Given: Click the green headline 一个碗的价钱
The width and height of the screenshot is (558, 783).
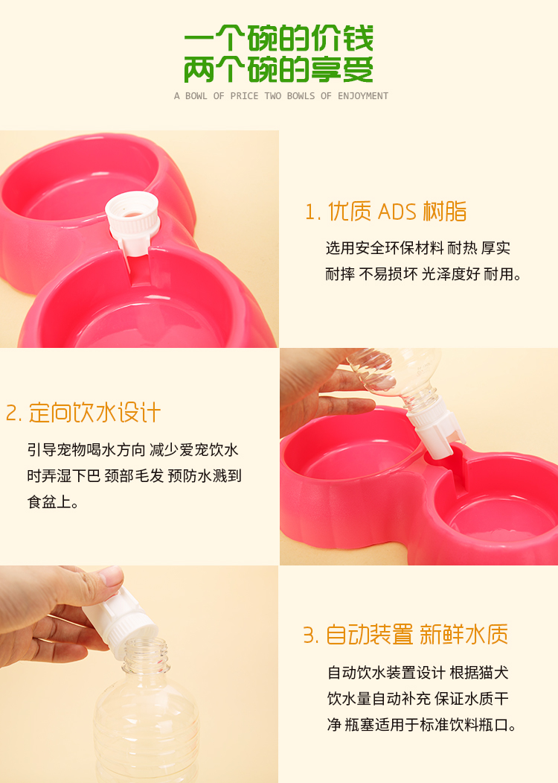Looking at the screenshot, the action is click(x=279, y=39).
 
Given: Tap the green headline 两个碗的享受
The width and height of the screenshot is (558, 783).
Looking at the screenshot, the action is click(x=279, y=69).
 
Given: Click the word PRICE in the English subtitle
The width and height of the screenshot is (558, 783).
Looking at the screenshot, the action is click(x=244, y=96).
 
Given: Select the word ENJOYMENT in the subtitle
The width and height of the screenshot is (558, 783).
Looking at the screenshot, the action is click(x=362, y=96).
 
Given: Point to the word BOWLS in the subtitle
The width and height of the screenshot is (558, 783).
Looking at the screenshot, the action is click(x=300, y=96).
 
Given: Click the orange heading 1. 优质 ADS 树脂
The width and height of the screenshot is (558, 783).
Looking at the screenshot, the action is click(x=385, y=212).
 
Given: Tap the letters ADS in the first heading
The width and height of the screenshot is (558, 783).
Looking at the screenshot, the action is click(x=397, y=212).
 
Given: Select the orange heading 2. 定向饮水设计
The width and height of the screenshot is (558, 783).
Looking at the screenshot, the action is click(x=83, y=413).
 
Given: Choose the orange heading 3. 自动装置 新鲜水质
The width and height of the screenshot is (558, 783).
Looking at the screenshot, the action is click(x=405, y=635).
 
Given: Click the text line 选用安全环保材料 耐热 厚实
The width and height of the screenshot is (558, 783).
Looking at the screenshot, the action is click(x=418, y=248).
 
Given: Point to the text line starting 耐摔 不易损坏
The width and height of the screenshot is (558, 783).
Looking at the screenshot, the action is click(x=423, y=274).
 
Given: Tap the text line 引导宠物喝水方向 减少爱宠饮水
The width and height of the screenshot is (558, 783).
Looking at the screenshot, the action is click(x=133, y=450).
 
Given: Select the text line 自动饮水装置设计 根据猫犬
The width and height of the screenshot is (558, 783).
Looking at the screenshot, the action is click(x=418, y=673).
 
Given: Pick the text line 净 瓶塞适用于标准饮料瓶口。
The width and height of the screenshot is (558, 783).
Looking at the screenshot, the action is click(x=422, y=725).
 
